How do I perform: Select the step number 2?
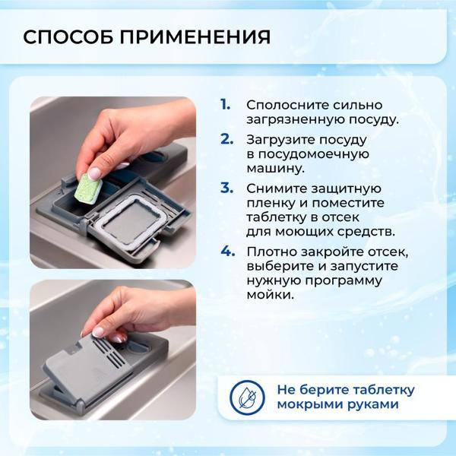(x=226, y=139)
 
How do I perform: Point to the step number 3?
(x=226, y=187)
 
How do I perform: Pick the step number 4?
(x=226, y=250)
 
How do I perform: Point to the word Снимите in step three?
(x=270, y=188)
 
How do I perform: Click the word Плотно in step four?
(x=268, y=251)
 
